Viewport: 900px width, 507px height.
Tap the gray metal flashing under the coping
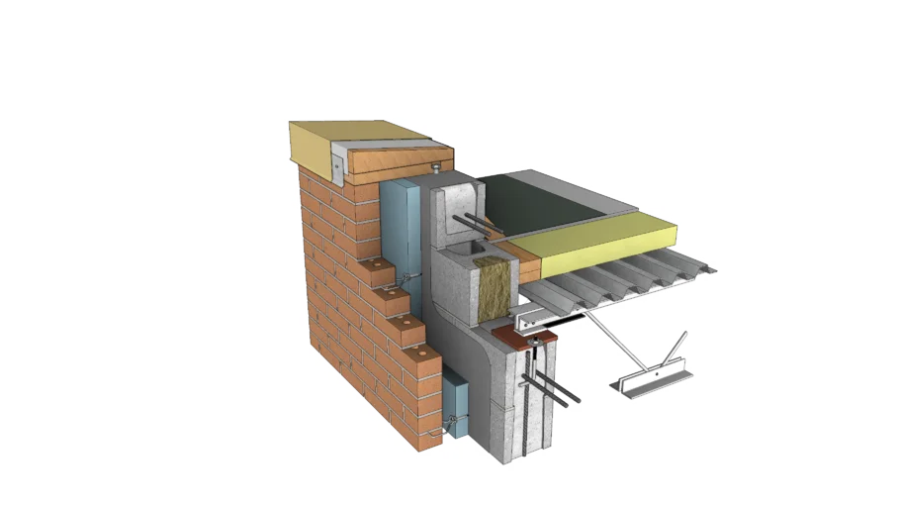click(338, 162)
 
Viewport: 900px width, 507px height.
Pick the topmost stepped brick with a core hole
click(379, 267)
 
